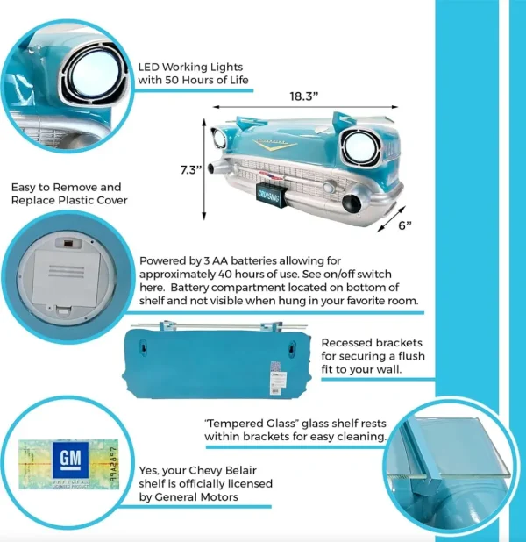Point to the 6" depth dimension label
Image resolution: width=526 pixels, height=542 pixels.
click(404, 225)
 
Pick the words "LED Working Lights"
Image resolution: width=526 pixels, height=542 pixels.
click(190, 67)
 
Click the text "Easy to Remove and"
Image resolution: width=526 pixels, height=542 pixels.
click(66, 188)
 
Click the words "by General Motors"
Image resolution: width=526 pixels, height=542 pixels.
click(193, 497)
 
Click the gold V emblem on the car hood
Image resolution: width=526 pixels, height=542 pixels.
click(279, 146)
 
